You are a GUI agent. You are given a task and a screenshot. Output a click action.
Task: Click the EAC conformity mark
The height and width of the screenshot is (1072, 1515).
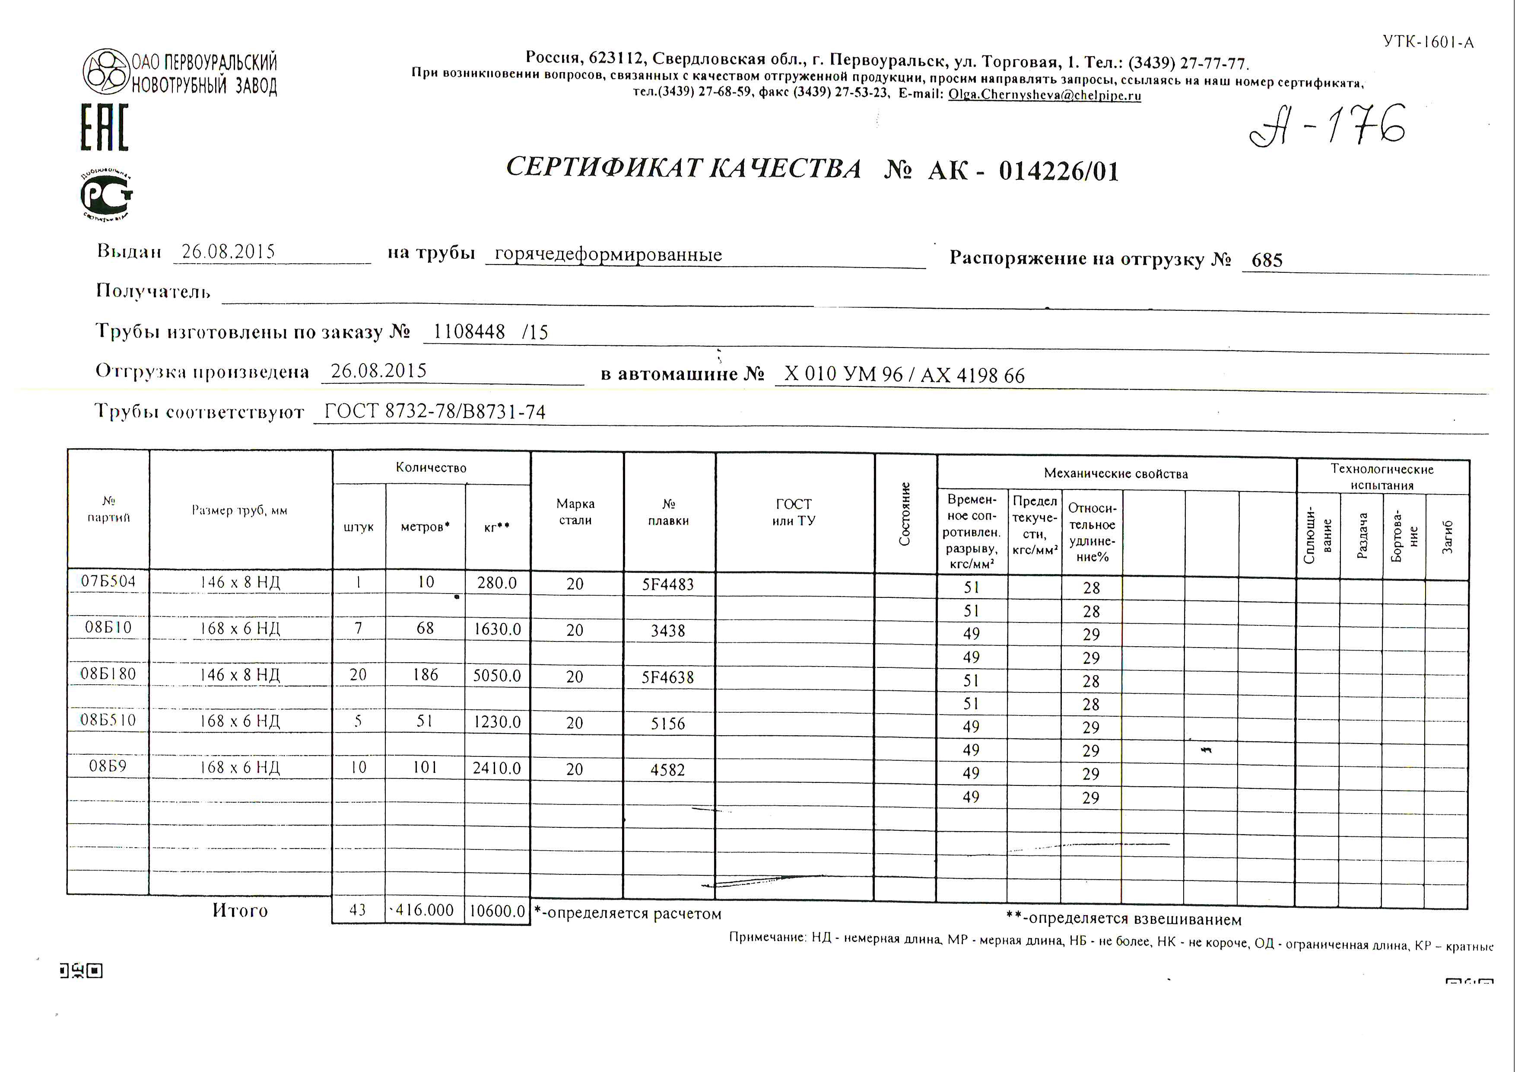[104, 128]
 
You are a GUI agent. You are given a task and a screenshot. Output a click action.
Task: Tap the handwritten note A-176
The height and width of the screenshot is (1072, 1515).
[1327, 125]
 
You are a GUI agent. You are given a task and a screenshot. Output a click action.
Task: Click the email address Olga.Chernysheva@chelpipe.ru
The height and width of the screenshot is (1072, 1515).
[1045, 94]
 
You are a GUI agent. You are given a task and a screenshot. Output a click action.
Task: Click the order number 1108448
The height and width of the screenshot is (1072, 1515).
[469, 332]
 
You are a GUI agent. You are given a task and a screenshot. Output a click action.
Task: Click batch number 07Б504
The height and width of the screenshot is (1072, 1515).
[108, 581]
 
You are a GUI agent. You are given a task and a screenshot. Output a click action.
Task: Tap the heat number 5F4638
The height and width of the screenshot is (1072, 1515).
[668, 676]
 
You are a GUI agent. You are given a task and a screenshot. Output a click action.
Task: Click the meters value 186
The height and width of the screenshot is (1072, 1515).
[425, 675]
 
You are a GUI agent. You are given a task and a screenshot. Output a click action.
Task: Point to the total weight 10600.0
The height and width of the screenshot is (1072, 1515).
[497, 911]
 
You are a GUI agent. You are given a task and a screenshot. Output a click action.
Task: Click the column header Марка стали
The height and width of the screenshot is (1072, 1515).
[575, 511]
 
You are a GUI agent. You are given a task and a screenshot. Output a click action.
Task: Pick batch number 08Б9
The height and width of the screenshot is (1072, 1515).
[108, 766]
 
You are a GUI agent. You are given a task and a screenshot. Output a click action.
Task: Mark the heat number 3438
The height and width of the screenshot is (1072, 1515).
[668, 630]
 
